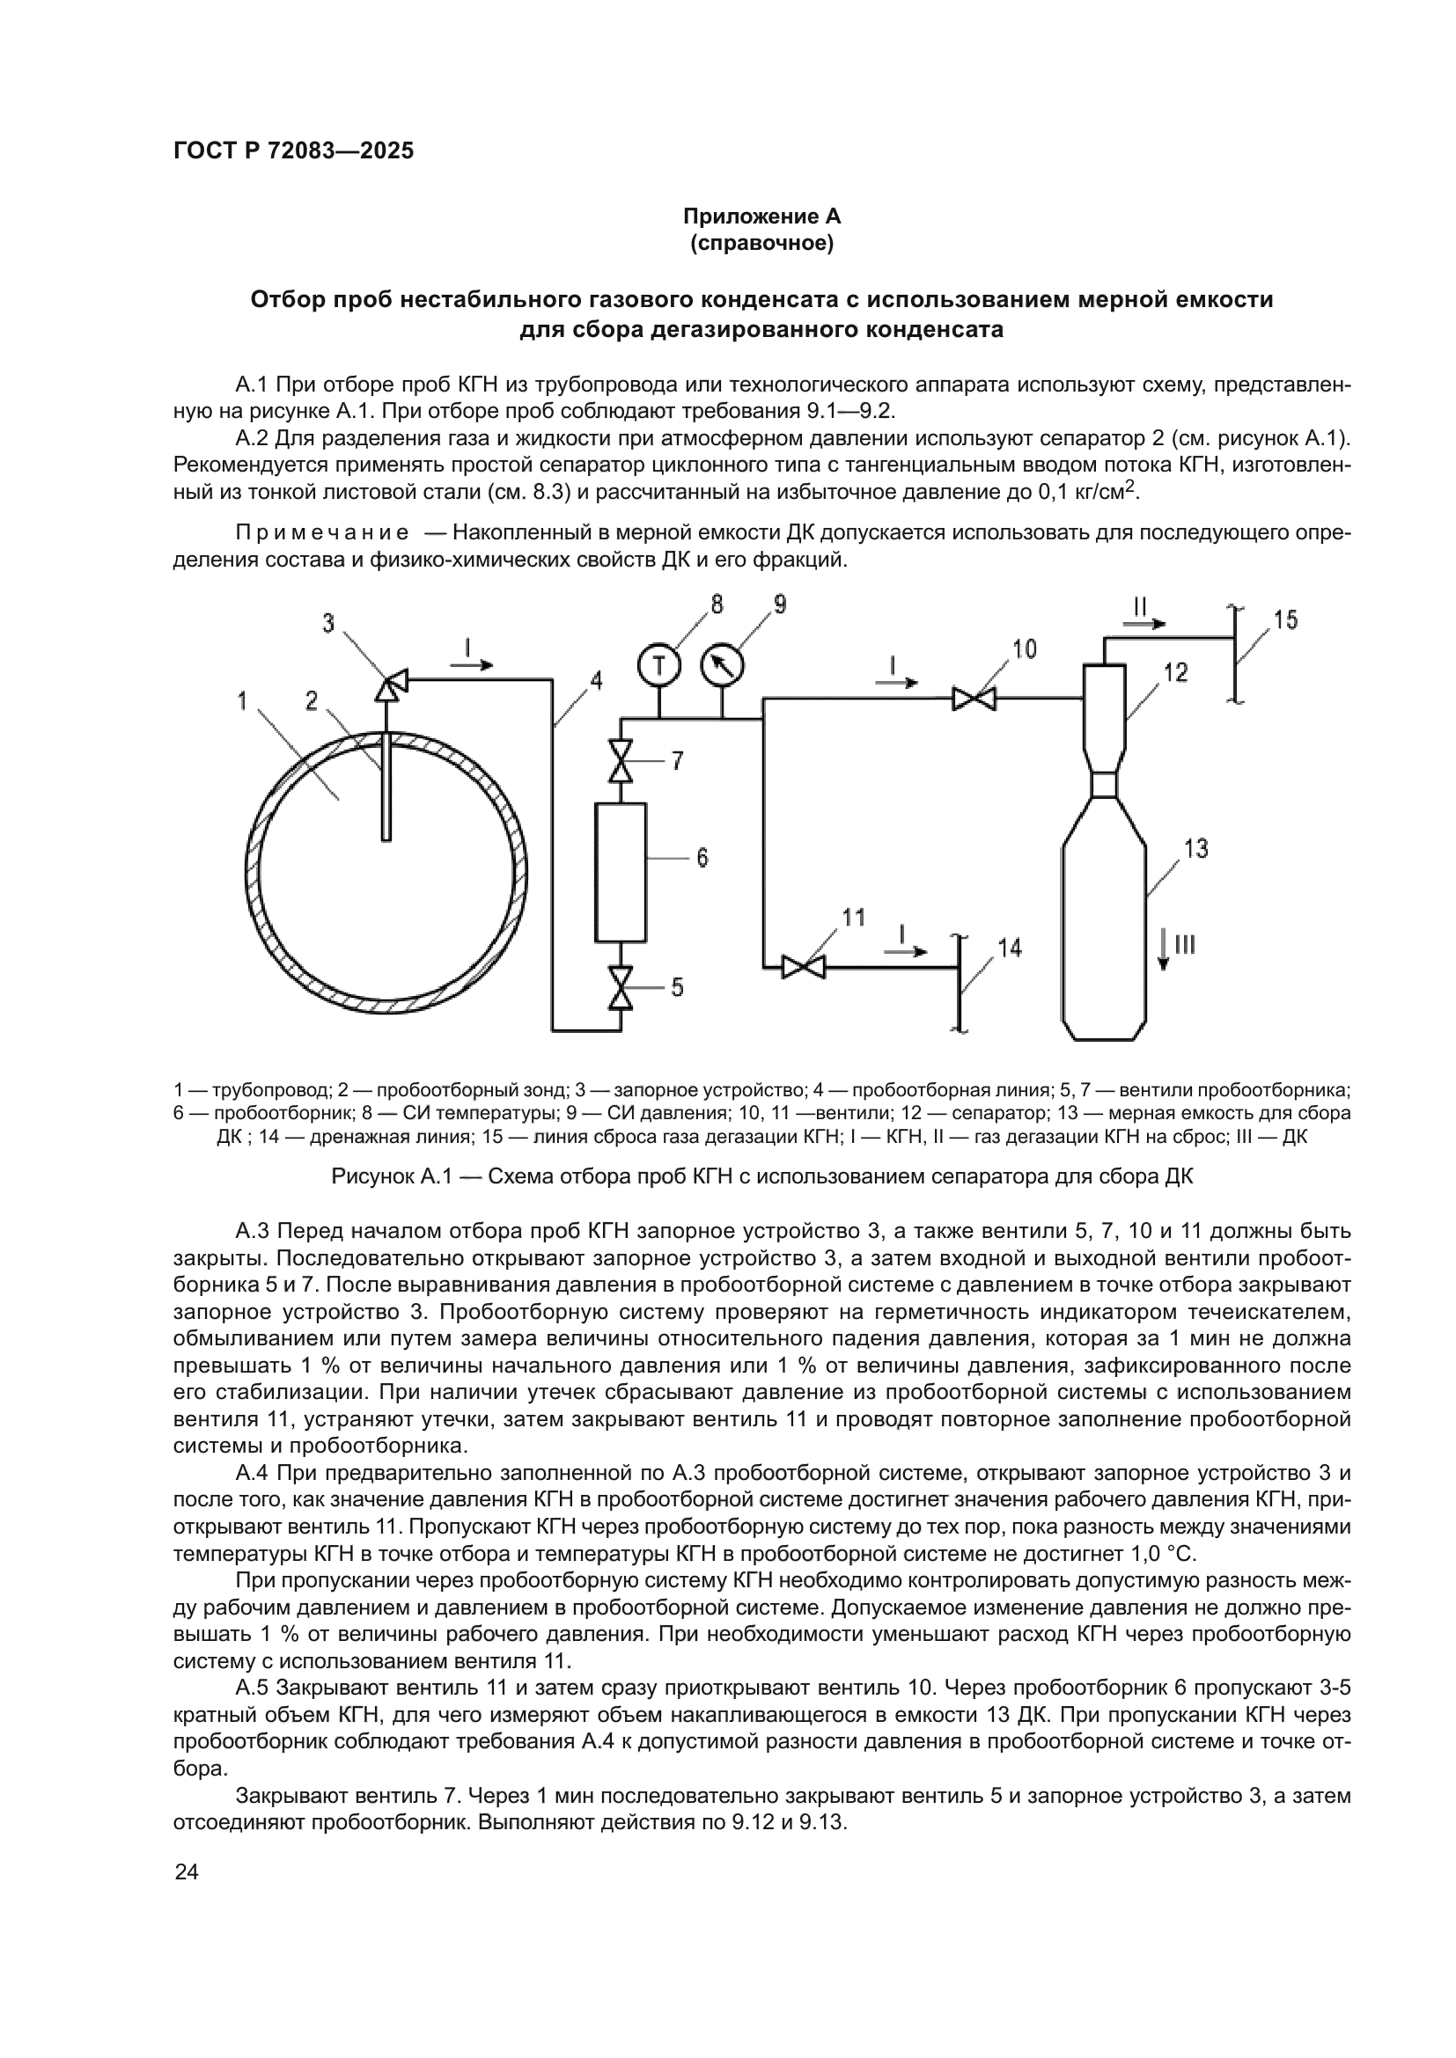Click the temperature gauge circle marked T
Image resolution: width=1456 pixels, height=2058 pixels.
pyautogui.click(x=659, y=666)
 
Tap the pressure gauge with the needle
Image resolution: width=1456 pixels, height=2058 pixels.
pyautogui.click(x=723, y=666)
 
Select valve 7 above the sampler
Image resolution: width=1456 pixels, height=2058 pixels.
pyautogui.click(x=621, y=761)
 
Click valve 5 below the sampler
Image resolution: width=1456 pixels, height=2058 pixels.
pyautogui.click(x=621, y=988)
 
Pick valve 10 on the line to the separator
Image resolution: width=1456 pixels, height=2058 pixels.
pyautogui.click(x=974, y=699)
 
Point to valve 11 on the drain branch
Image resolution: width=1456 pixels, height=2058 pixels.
pyautogui.click(x=804, y=967)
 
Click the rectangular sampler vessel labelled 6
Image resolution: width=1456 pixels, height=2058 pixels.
pyautogui.click(x=621, y=872)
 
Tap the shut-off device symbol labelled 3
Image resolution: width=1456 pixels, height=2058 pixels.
pyautogui.click(x=391, y=685)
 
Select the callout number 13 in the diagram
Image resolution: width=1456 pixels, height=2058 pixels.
pyautogui.click(x=1196, y=848)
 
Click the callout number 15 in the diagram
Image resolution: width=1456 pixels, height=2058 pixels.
pyautogui.click(x=1284, y=620)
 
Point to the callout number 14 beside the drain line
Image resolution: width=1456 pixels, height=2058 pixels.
pyautogui.click(x=1010, y=948)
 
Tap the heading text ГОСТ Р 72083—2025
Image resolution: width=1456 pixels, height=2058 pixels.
pyautogui.click(x=293, y=150)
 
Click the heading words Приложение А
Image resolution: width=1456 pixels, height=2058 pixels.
pyautogui.click(x=761, y=216)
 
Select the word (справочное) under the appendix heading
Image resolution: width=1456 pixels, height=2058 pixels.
pyautogui.click(x=761, y=243)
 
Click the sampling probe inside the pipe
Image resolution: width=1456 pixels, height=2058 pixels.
pyautogui.click(x=386, y=788)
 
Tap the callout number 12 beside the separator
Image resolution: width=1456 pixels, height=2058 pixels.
pyautogui.click(x=1175, y=672)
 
